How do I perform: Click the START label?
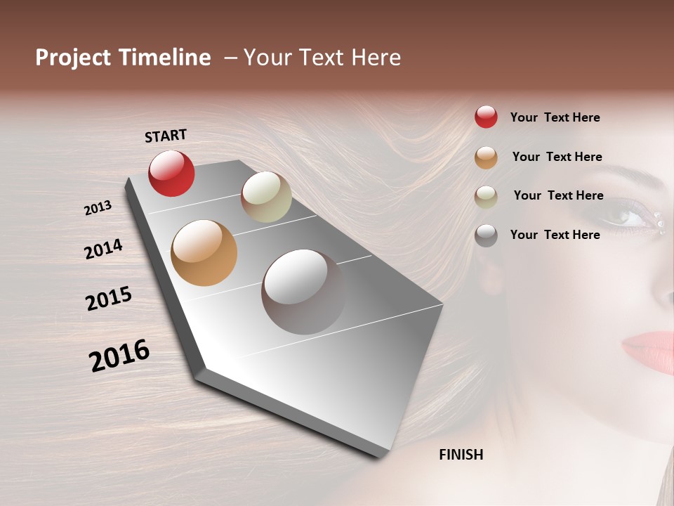pyautogui.click(x=166, y=136)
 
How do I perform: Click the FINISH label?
pyautogui.click(x=461, y=455)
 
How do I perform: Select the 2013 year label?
pyautogui.click(x=98, y=208)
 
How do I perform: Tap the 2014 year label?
pyautogui.click(x=103, y=249)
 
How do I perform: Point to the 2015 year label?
pyautogui.click(x=109, y=299)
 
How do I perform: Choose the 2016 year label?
pyautogui.click(x=119, y=355)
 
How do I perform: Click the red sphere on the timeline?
pyautogui.click(x=171, y=173)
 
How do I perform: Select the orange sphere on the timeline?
pyautogui.click(x=204, y=253)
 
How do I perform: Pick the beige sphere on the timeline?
pyautogui.click(x=266, y=197)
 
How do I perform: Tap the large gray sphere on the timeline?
pyautogui.click(x=303, y=292)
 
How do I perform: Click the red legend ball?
pyautogui.click(x=486, y=117)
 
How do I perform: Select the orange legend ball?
pyautogui.click(x=486, y=157)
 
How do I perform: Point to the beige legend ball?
pyautogui.click(x=486, y=196)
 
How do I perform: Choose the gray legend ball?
pyautogui.click(x=486, y=235)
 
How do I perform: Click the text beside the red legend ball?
pyautogui.click(x=555, y=117)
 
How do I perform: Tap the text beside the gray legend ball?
pyautogui.click(x=555, y=235)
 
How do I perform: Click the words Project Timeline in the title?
pyautogui.click(x=123, y=58)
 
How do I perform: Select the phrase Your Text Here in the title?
pyautogui.click(x=322, y=58)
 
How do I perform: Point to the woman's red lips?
pyautogui.click(x=649, y=348)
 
